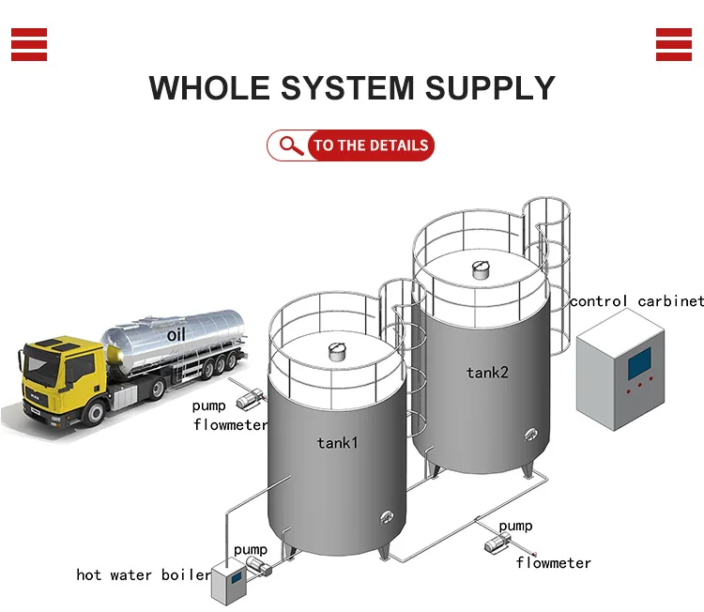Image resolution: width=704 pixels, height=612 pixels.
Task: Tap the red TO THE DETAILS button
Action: click(x=370, y=145)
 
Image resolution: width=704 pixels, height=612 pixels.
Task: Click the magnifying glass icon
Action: click(x=292, y=145)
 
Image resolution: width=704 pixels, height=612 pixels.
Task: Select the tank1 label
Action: click(x=338, y=442)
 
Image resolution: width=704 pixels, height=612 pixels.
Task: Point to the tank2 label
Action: click(x=487, y=373)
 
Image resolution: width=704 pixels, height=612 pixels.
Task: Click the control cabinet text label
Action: click(x=636, y=301)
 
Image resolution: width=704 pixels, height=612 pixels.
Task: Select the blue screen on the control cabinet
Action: click(x=639, y=361)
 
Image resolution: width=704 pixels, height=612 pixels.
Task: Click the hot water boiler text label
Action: click(x=144, y=574)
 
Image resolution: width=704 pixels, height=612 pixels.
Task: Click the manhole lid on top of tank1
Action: click(x=336, y=352)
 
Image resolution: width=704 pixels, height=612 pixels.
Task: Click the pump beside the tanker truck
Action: click(x=248, y=399)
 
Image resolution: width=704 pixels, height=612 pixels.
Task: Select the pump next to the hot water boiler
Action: click(x=256, y=567)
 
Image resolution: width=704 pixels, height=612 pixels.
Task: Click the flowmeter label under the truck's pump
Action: click(x=231, y=424)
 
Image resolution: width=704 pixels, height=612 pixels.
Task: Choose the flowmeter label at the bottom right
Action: click(x=554, y=563)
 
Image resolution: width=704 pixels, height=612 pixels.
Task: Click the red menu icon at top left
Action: click(x=29, y=44)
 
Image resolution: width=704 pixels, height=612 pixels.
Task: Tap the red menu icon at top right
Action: click(x=674, y=44)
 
